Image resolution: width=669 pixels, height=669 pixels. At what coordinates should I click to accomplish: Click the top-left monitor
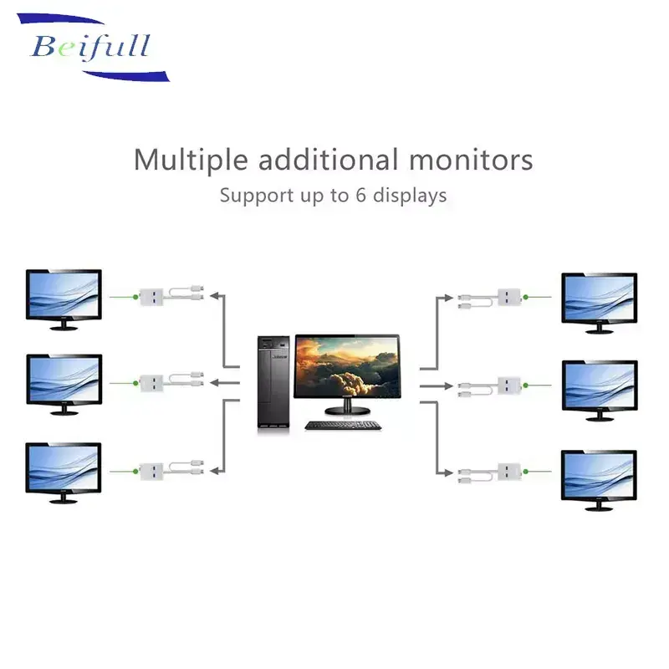tap(64, 294)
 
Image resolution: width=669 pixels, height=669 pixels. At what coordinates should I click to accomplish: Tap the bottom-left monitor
tap(64, 468)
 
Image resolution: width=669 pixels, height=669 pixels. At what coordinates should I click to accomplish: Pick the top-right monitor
tap(599, 299)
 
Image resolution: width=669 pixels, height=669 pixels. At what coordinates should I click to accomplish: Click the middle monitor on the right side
tap(599, 386)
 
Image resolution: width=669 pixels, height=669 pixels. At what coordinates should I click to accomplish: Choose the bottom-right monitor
tap(599, 475)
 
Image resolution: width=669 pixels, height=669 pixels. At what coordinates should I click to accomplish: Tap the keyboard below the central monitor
tap(343, 425)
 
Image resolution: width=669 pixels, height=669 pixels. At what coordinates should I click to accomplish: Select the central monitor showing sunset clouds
tap(347, 369)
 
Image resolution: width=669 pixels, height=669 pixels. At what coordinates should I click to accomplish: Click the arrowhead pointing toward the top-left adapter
tap(214, 295)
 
